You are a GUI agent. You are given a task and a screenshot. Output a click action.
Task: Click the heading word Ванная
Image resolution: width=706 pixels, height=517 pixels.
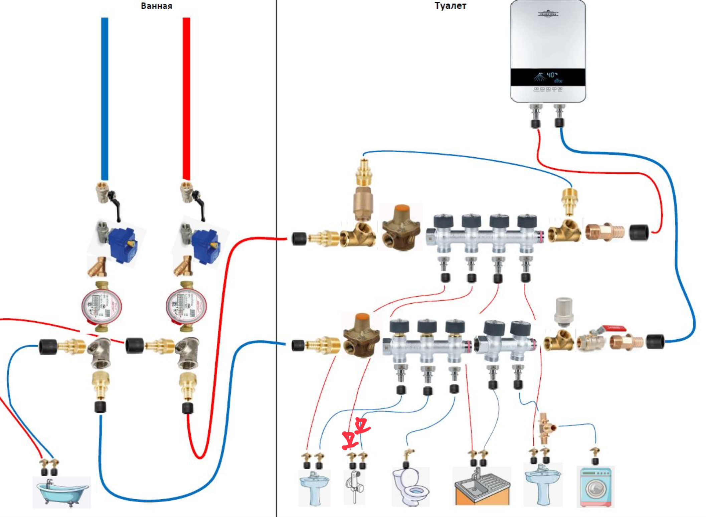(156, 6)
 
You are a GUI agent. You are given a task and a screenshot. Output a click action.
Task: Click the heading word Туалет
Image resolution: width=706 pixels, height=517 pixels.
(450, 6)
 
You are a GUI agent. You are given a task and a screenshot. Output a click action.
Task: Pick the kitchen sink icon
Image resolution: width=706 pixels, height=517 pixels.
(481, 486)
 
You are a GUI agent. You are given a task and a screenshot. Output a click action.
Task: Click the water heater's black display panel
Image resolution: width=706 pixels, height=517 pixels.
(548, 77)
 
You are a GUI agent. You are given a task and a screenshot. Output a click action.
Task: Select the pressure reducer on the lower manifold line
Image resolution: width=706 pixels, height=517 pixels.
(362, 336)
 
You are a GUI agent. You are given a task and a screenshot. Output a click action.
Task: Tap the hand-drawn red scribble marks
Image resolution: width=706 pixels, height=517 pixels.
(356, 433)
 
